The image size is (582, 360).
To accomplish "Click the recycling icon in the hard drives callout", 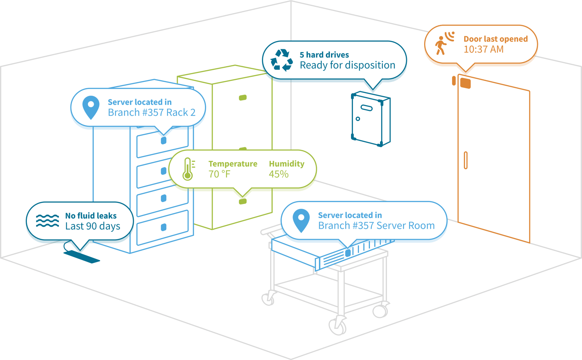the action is coord(282,60).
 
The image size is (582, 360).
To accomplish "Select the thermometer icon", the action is coord(188,169).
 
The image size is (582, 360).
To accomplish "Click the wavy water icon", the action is coord(47,221).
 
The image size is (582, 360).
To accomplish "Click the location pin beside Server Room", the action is coord(301,221).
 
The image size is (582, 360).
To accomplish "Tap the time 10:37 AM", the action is coord(483,49).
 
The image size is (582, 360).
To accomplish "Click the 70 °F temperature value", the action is coord(220,174).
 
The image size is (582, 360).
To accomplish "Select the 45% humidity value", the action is coord(279,174).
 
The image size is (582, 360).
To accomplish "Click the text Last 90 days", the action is coord(93,226).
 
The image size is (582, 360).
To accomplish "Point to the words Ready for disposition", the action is coord(347,65).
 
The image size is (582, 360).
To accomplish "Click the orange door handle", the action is coord(466,160).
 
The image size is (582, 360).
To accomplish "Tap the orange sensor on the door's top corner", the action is coord(465,83).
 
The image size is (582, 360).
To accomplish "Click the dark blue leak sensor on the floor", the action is coord(82,257).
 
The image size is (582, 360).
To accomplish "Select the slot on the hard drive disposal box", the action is coord(367,108).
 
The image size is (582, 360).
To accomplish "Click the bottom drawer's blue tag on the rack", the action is coord(163,227).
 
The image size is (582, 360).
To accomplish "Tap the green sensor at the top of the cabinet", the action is coord(243,98).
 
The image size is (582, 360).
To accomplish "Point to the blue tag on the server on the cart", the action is coord(348,253).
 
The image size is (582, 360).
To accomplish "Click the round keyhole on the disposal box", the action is coord(358,119).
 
